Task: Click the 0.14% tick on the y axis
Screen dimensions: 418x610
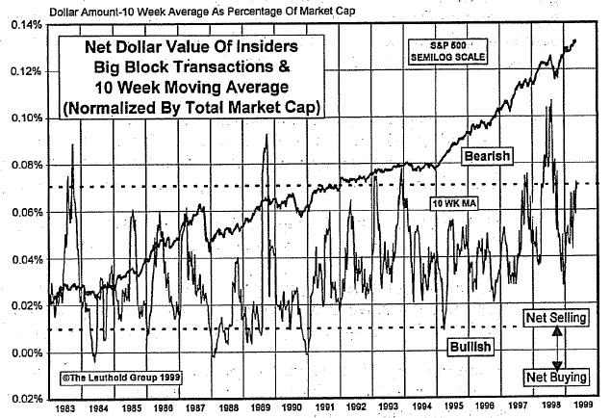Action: [x=20, y=24]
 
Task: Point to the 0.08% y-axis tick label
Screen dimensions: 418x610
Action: [x=20, y=165]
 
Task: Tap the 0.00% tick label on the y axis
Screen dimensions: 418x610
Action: [x=20, y=353]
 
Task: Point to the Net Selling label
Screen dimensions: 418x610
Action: [x=556, y=317]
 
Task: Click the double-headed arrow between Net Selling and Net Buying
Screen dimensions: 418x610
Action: [x=556, y=346]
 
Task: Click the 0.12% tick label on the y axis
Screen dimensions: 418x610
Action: [x=20, y=71]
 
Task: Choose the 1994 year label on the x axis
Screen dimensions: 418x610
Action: [x=425, y=407]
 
